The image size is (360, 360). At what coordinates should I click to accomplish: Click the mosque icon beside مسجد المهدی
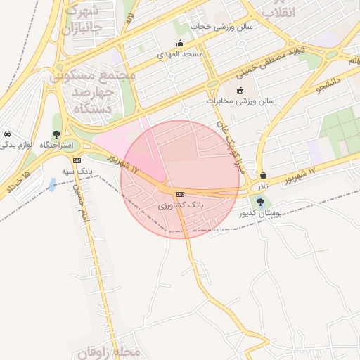point(181,43)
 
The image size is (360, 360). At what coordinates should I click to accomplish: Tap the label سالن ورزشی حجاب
point(219,26)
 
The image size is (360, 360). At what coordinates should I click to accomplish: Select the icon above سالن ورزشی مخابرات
point(240,90)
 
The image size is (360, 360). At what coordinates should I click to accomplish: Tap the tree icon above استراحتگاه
point(56,134)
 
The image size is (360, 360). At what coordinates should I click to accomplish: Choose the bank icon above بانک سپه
point(77,161)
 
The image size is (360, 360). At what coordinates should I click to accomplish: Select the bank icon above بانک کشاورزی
point(180,194)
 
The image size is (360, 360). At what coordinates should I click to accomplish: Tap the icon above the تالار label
point(263,176)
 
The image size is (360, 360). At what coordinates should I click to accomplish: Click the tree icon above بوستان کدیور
point(260,202)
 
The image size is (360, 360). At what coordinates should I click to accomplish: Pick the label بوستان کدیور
point(260,212)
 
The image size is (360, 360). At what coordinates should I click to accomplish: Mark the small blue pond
point(53,185)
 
